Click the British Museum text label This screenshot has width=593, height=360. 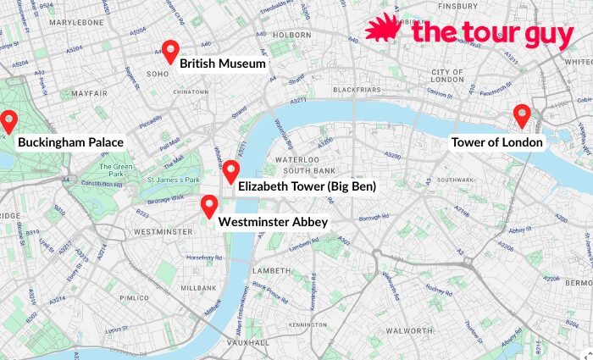pos(223,64)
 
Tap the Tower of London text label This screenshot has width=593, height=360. pos(496,142)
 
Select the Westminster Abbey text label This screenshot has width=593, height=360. pos(273,222)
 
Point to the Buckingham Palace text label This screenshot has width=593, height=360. pos(70,142)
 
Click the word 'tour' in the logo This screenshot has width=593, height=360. pos(485,33)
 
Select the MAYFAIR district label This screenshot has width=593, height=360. pos(89,92)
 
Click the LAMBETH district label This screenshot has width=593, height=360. pos(273,270)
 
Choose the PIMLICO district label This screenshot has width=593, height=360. pos(133,298)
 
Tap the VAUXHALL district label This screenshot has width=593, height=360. pos(247,342)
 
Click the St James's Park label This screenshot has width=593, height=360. pos(173,180)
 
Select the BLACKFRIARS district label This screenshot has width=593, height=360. pos(357,89)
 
